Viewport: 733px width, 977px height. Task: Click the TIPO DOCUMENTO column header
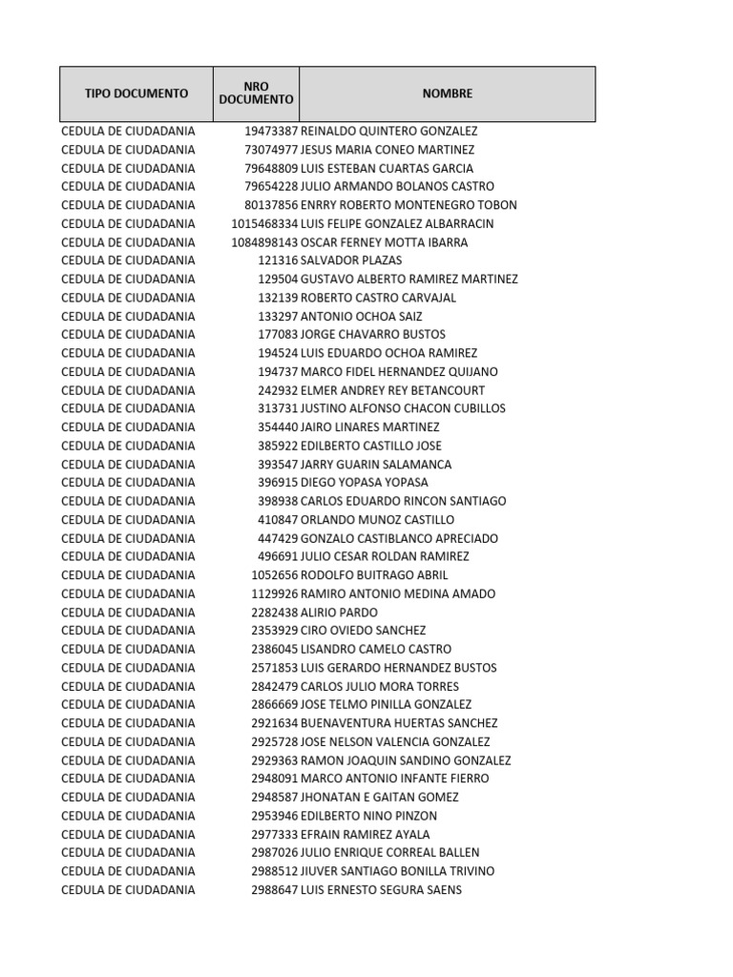click(136, 94)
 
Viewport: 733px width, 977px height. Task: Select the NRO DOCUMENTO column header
click(256, 94)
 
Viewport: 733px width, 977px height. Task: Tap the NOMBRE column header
click(447, 94)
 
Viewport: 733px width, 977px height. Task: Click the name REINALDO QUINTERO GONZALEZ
click(388, 131)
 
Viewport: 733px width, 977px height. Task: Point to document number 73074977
click(271, 150)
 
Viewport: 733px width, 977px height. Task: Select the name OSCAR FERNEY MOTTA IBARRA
click(384, 242)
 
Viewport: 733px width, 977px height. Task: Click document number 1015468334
click(264, 223)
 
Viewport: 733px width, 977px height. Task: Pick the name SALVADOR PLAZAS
click(350, 260)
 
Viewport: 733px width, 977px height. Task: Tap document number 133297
click(278, 316)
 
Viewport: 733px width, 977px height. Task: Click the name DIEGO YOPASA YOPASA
click(364, 483)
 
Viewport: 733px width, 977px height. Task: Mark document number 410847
click(278, 520)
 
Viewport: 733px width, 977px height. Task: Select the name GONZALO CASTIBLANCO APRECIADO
click(399, 538)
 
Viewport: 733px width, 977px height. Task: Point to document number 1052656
click(275, 575)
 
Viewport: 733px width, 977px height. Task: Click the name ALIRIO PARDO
click(339, 613)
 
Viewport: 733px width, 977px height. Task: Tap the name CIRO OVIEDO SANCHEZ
click(363, 631)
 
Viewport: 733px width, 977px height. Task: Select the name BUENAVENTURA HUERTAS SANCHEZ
click(399, 723)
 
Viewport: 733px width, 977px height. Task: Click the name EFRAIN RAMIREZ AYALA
click(365, 834)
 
